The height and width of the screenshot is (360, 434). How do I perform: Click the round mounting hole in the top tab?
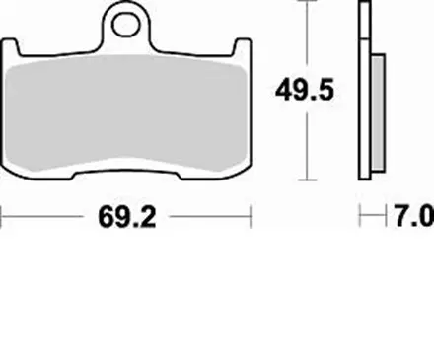click(127, 19)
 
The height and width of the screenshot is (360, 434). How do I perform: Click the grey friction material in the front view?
click(128, 113)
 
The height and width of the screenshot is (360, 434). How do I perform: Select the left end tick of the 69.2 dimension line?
click(4, 214)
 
